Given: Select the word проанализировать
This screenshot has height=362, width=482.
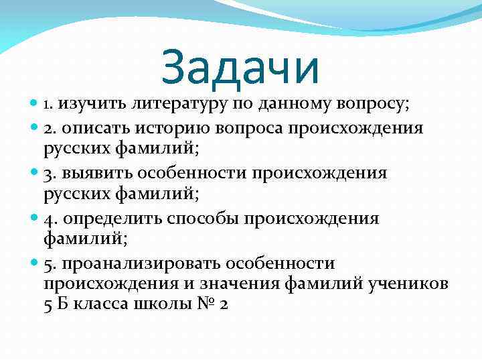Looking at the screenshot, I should click(139, 264).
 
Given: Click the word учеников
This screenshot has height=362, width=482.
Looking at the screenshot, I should click(406, 284).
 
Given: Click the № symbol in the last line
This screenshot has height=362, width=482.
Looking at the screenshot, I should click(206, 302).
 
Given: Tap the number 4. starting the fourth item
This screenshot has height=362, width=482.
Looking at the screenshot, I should click(50, 219).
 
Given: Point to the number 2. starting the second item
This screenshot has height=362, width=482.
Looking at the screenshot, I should click(50, 127).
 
